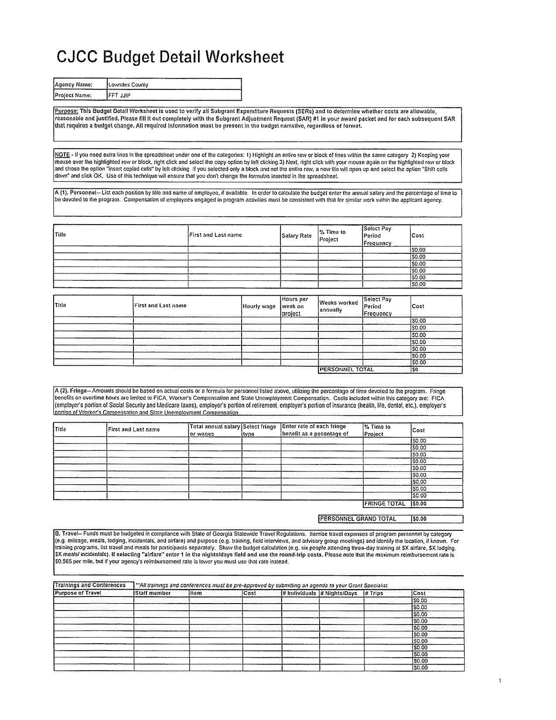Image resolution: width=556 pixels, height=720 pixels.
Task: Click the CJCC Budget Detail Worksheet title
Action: point(170,57)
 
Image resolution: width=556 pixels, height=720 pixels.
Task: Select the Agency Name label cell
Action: point(73,85)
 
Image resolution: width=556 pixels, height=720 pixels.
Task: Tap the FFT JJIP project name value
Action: point(119,95)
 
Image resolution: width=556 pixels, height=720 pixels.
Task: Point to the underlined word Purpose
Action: point(66,111)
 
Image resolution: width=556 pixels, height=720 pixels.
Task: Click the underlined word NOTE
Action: point(62,155)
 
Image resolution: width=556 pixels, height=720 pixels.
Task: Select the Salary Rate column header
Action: point(297,235)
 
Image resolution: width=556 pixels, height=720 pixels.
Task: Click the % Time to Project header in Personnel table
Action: point(332,235)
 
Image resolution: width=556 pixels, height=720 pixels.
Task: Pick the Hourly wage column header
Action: point(259,306)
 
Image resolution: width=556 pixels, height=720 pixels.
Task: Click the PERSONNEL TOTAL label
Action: point(347,369)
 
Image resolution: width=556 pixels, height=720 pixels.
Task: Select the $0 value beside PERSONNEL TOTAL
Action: point(415,369)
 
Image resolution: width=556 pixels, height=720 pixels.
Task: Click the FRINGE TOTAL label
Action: point(385,504)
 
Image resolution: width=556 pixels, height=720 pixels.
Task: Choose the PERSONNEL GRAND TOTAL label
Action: point(358,519)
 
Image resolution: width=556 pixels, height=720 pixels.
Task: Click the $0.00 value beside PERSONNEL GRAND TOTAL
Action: point(420,519)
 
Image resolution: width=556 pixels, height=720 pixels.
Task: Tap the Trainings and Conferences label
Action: point(90,585)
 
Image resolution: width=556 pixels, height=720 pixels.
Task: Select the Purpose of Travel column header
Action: point(78,593)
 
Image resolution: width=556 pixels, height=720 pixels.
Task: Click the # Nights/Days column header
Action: point(339,593)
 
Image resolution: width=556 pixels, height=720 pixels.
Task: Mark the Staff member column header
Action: point(153,593)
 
